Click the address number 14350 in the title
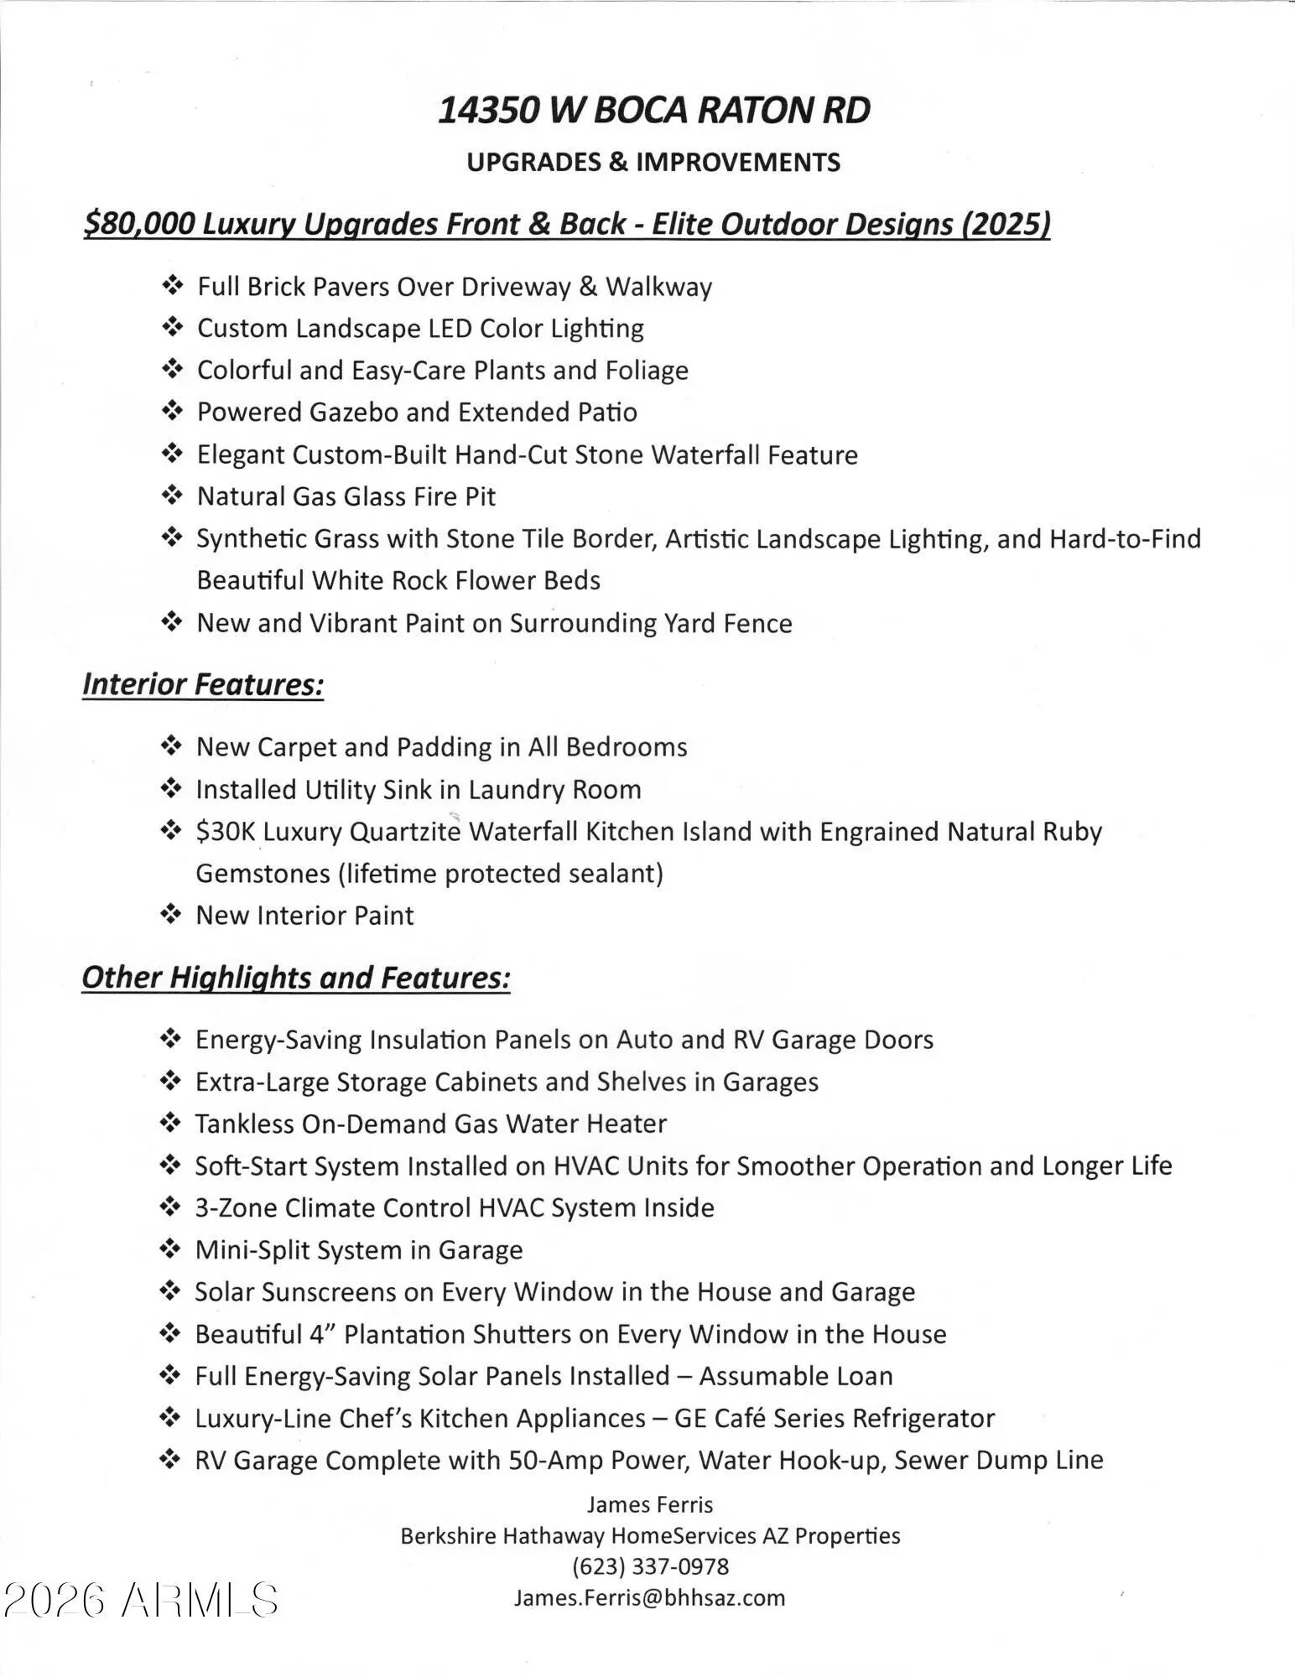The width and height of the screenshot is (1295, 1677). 486,111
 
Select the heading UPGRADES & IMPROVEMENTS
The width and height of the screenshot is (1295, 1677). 653,162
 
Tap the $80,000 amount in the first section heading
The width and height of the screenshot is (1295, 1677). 139,224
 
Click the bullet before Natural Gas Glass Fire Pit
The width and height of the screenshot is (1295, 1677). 171,496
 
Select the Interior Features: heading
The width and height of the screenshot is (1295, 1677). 203,684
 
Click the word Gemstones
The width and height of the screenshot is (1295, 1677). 263,874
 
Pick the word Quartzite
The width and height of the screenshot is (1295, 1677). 405,832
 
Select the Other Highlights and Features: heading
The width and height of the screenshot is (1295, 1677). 296,978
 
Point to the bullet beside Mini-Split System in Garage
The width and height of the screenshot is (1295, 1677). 170,1250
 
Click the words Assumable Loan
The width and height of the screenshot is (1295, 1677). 796,1376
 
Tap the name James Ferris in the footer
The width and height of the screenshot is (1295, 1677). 650,1504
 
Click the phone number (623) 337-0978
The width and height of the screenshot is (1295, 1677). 650,1566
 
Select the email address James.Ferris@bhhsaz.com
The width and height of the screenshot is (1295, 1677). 650,1597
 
